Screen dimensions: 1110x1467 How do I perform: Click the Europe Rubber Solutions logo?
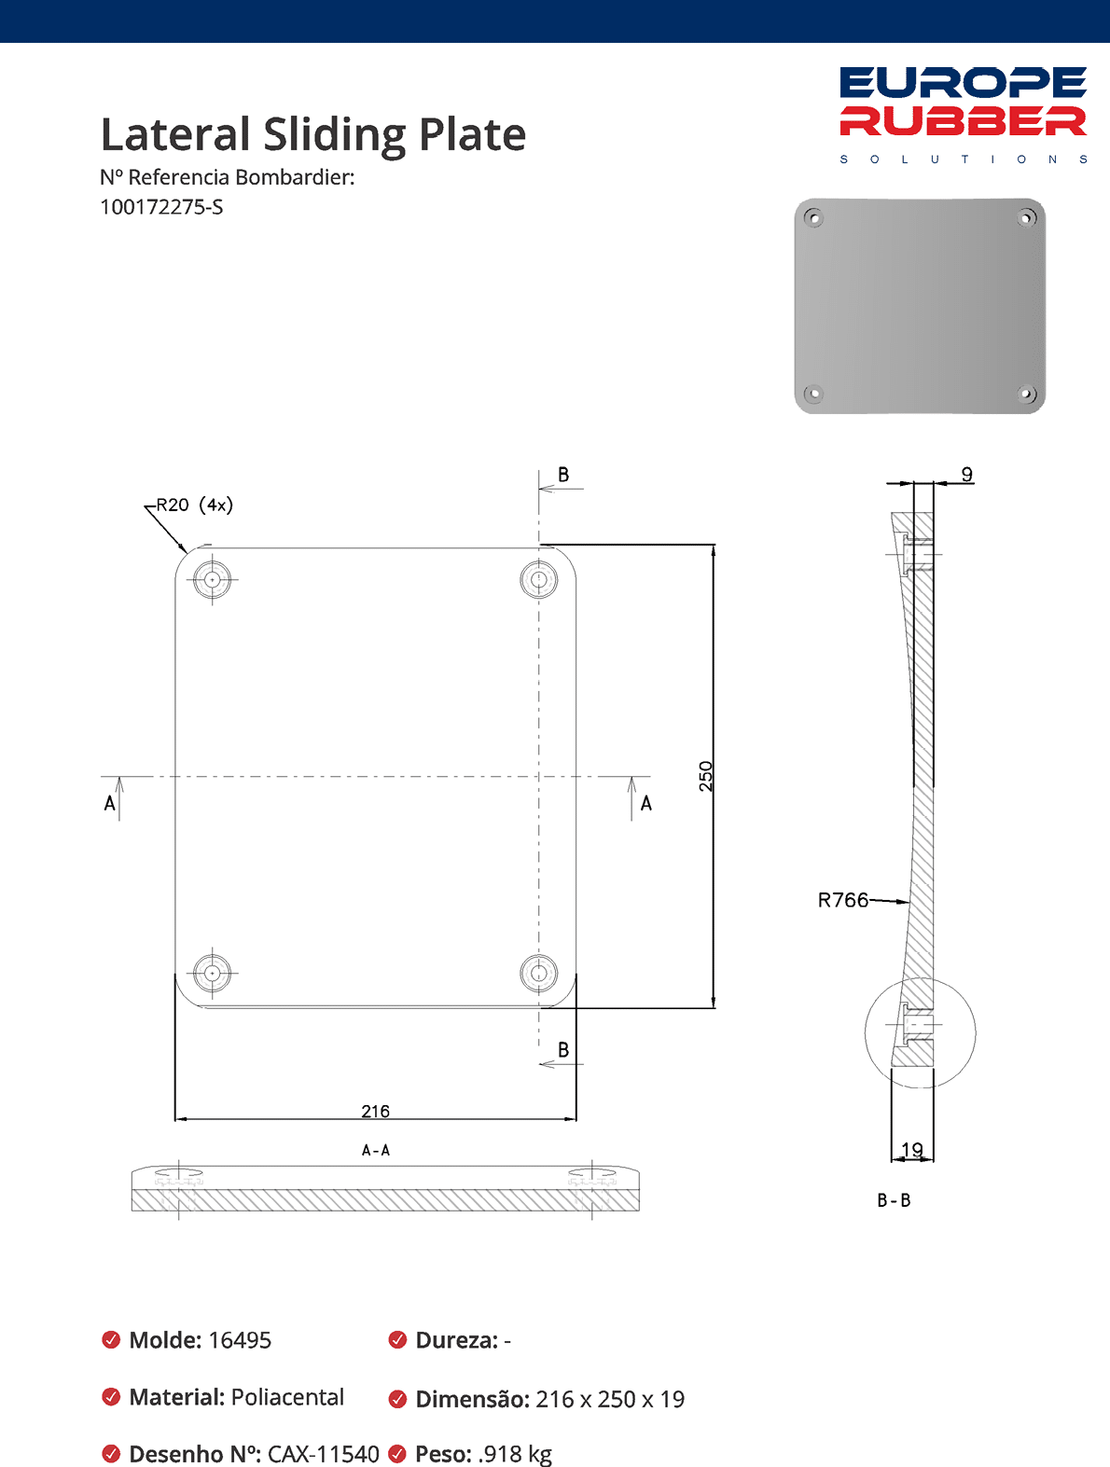tap(963, 115)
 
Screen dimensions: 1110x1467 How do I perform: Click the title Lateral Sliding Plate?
tap(313, 135)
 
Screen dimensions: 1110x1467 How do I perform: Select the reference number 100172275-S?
tap(161, 207)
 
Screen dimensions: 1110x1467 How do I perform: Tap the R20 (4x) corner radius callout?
tap(194, 505)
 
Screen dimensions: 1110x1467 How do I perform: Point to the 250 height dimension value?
tap(706, 776)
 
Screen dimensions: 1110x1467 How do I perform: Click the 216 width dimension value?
tap(376, 1111)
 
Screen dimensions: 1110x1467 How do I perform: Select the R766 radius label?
tap(842, 900)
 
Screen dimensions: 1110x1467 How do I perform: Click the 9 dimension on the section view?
tap(967, 474)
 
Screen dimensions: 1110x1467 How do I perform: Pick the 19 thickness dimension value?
tap(912, 1150)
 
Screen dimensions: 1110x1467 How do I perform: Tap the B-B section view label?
tap(895, 1200)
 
